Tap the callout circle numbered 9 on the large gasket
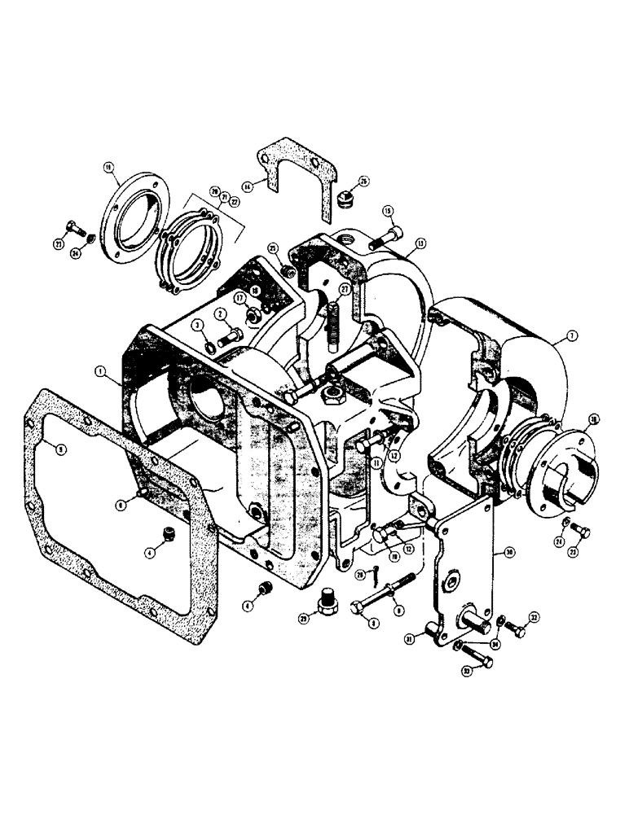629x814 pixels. click(x=49, y=445)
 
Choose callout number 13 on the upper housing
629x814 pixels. click(x=420, y=243)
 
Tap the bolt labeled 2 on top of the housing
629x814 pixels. click(x=230, y=335)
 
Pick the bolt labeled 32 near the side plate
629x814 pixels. click(x=514, y=628)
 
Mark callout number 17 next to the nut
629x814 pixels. click(x=240, y=299)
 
